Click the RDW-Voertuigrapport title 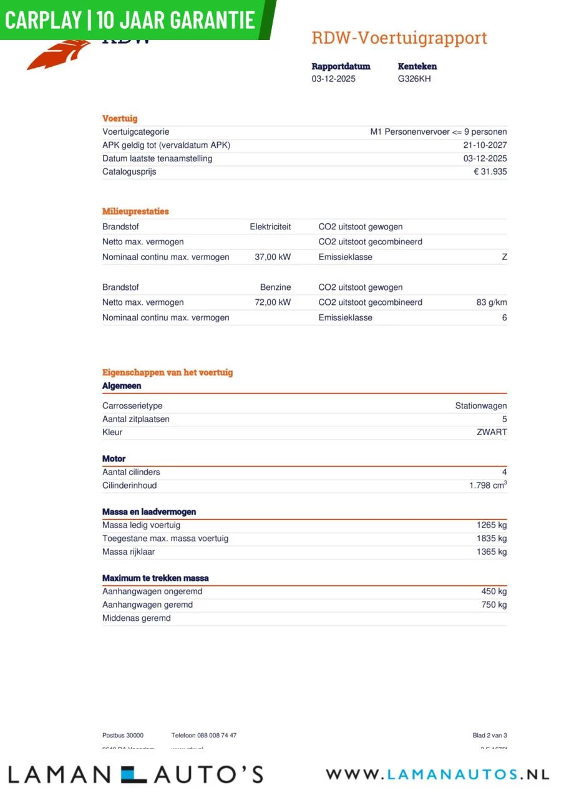(399, 38)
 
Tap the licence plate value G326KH (414, 79)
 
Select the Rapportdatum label (341, 66)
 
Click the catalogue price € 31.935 (490, 172)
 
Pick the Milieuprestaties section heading (135, 211)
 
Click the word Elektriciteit (270, 227)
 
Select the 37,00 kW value (273, 257)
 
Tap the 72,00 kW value (273, 302)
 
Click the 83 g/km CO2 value (492, 302)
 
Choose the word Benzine (275, 287)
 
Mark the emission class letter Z (504, 257)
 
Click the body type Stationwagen (480, 406)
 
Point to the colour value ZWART (492, 432)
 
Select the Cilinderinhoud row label (130, 486)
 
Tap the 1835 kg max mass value (492, 539)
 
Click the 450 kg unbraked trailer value (494, 592)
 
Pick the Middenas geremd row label (137, 618)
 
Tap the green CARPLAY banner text (130, 19)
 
